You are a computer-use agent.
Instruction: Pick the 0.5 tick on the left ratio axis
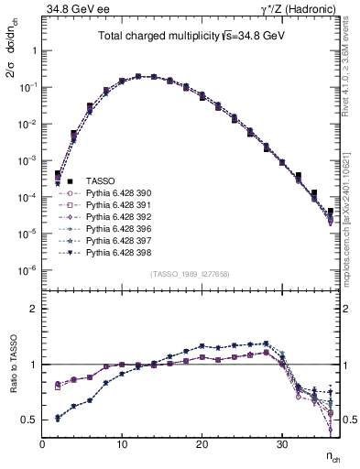30,420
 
